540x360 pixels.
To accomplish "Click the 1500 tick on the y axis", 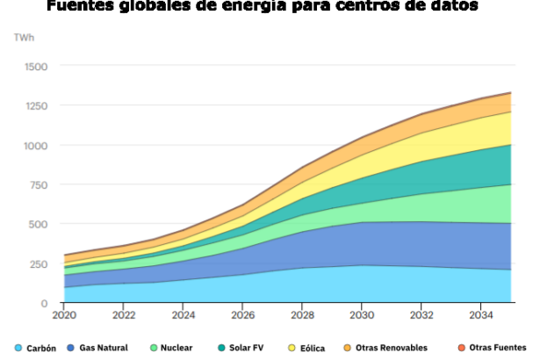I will (x=35, y=66).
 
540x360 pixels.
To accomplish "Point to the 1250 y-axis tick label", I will (x=35, y=105).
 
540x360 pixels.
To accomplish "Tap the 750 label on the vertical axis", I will (x=39, y=184).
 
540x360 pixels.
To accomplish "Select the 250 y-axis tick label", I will (x=39, y=263).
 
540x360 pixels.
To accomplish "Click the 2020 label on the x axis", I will (x=64, y=313).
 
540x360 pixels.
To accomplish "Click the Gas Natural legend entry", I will (x=103, y=348).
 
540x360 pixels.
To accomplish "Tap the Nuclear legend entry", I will (x=176, y=348).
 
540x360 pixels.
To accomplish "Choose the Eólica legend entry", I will (x=310, y=348).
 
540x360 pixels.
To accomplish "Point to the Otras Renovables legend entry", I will (x=392, y=348).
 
